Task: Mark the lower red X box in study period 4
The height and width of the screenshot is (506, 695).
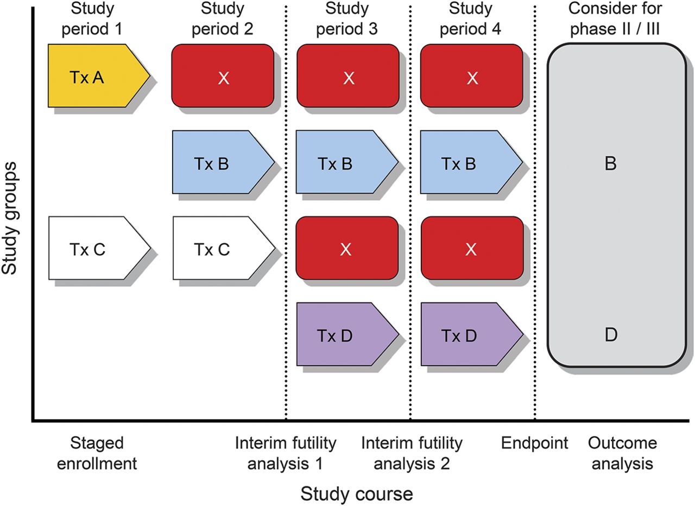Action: (471, 248)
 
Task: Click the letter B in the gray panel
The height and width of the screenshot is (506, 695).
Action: (610, 164)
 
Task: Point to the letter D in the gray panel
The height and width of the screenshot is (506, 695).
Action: (610, 335)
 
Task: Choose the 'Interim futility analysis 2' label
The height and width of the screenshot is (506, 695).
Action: (412, 453)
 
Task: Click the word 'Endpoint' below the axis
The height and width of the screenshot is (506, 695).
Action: (534, 443)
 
